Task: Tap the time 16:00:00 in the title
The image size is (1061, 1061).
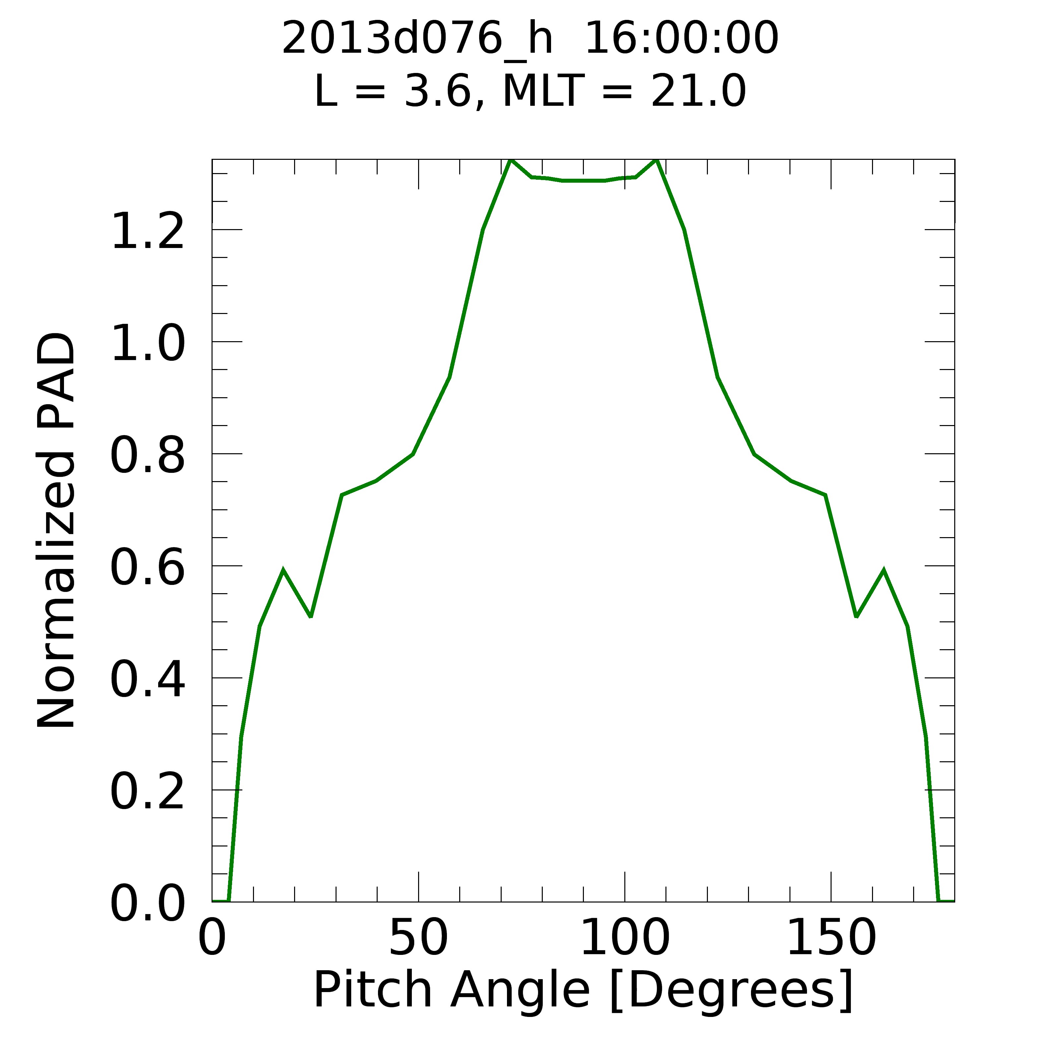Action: pos(681,38)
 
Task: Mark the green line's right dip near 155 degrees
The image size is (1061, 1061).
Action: pos(856,616)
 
